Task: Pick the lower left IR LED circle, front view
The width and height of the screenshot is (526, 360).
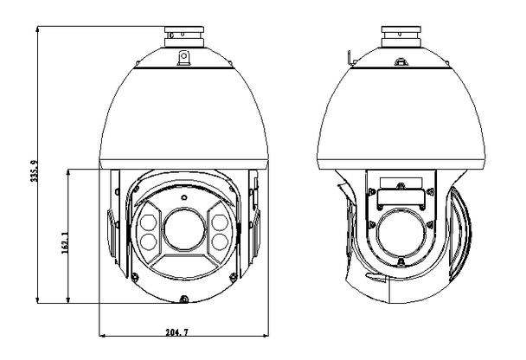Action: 148,242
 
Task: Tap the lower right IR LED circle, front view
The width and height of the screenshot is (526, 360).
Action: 219,242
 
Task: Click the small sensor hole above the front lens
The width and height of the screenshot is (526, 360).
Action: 183,198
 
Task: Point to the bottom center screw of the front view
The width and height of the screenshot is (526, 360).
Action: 183,299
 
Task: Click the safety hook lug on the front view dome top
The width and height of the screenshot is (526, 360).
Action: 183,57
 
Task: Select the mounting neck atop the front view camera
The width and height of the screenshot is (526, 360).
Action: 183,37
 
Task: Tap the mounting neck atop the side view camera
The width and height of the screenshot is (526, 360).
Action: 401,37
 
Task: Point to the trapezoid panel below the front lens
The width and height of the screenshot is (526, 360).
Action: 183,264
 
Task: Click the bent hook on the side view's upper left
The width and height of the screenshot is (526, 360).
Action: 347,59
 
